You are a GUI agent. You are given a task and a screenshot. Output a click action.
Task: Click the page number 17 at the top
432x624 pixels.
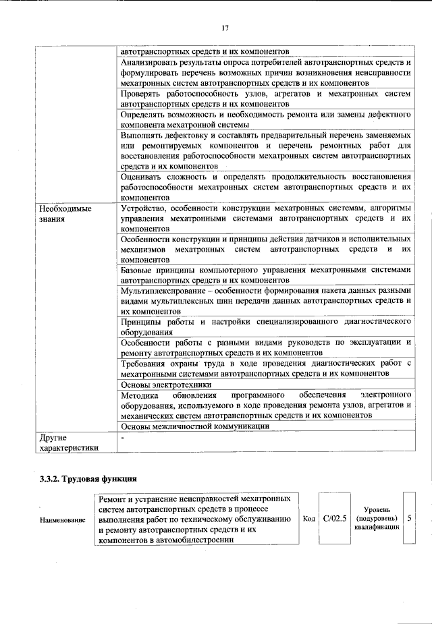coord(225,28)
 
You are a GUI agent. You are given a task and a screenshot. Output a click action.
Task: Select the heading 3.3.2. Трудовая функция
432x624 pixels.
coord(88,480)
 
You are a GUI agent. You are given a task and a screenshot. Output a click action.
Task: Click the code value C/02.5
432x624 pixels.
coord(335,518)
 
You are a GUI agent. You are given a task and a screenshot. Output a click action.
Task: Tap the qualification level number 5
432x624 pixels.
coord(410,518)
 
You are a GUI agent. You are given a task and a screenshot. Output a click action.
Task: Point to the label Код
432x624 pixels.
coord(309,519)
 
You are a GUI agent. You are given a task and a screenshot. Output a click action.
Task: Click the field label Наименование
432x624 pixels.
coord(63,519)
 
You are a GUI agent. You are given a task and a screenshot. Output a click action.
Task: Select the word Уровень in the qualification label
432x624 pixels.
coord(376,509)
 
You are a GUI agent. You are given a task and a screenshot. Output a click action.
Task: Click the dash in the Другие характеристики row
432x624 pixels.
coord(122,438)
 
